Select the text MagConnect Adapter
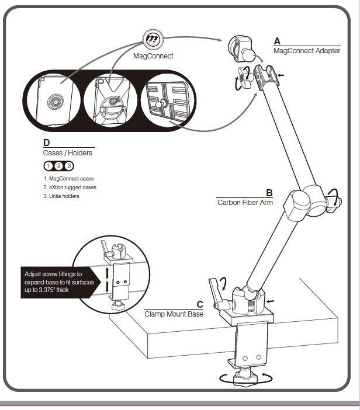click(307, 51)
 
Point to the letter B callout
click(269, 193)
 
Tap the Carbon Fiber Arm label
click(245, 203)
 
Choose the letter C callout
click(199, 304)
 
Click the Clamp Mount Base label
click(174, 314)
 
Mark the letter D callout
click(47, 143)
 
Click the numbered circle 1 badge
click(49, 165)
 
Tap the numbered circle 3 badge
click(68, 165)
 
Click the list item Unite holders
click(61, 196)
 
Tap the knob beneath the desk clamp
click(241, 378)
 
